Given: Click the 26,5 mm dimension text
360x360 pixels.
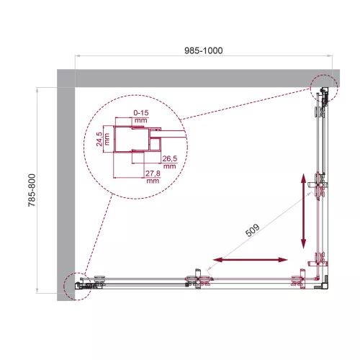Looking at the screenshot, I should pos(169,162).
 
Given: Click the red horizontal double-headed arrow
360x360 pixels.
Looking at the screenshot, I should pos(248,258).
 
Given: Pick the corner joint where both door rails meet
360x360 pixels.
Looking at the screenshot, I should pos(318,279).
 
